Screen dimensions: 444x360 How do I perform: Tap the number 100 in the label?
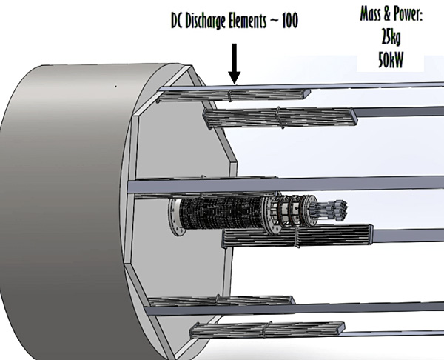coord(289,21)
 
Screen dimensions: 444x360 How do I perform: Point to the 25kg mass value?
coord(391,37)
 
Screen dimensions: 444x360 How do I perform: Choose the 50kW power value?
coord(391,60)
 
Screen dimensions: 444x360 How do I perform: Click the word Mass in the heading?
coord(371,14)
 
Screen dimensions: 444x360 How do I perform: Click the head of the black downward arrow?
coord(235,78)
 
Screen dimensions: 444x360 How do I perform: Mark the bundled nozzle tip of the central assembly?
coord(339,209)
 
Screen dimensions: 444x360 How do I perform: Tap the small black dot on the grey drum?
coord(115,87)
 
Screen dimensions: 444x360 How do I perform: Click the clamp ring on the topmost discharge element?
coord(230,96)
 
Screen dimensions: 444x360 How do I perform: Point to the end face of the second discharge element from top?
coord(354,116)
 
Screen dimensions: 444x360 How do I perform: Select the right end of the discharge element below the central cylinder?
coord(371,234)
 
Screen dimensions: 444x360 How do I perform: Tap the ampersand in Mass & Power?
coord(387,15)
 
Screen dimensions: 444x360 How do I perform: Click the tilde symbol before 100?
coord(274,21)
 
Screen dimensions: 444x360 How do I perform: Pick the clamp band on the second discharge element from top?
coord(280,117)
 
